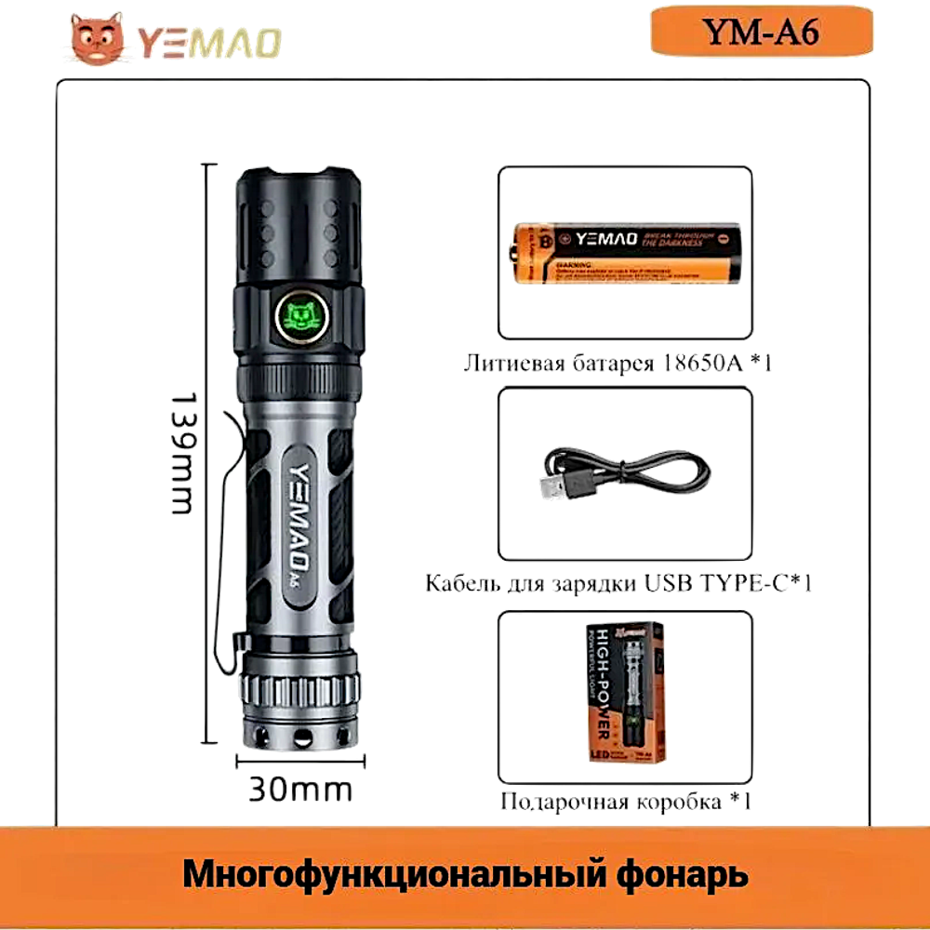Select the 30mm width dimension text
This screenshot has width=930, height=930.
tap(299, 790)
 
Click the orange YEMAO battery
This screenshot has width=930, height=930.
tap(625, 252)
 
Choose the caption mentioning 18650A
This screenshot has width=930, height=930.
tap(618, 364)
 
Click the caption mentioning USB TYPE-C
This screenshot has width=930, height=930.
tap(619, 584)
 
